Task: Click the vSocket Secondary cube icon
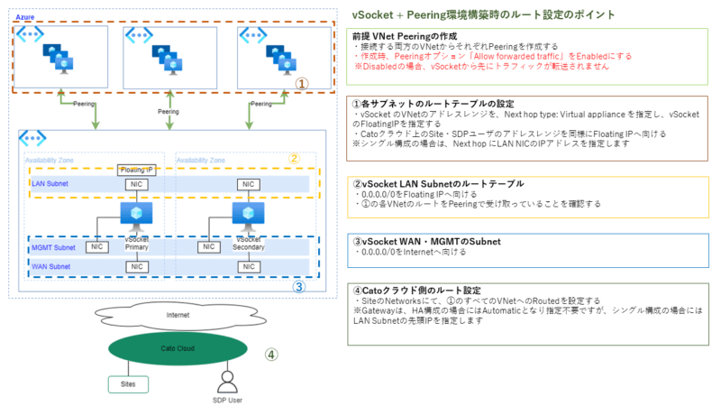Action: click(x=246, y=214)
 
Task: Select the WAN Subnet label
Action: click(x=50, y=267)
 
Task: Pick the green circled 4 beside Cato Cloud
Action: click(x=269, y=355)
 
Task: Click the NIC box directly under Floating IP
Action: click(x=135, y=185)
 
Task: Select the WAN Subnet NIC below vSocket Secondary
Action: click(x=246, y=267)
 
